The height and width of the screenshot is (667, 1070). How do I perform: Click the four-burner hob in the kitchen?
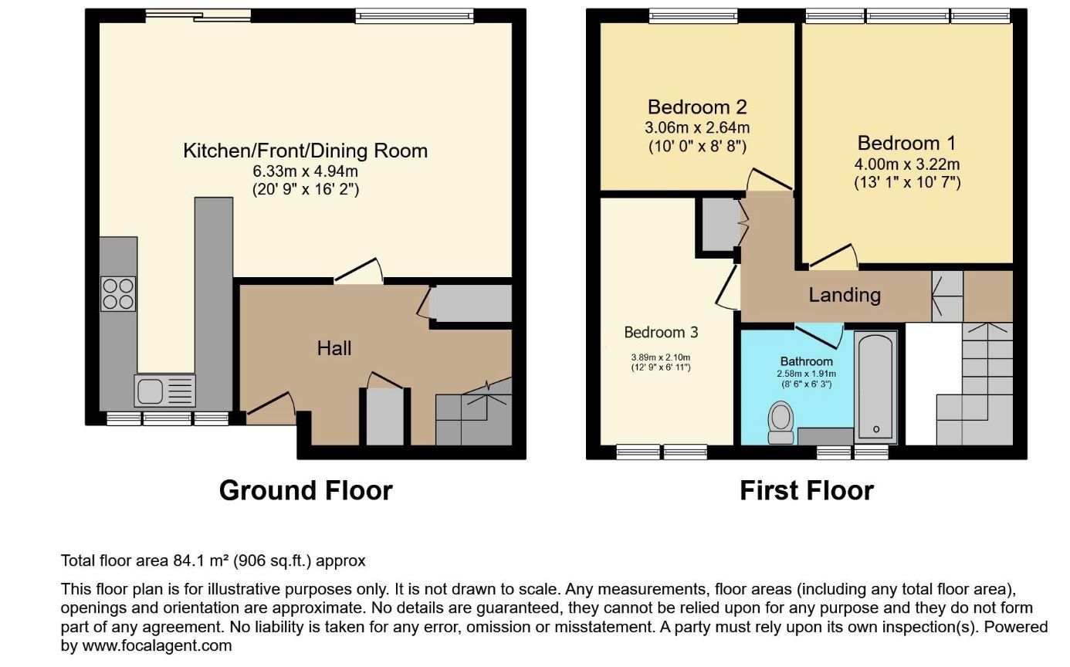118,294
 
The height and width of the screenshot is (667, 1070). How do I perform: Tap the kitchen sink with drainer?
164,391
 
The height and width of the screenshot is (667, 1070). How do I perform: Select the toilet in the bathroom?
781,423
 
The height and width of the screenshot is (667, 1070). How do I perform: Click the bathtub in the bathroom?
875,388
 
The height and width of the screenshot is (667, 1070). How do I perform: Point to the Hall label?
334,348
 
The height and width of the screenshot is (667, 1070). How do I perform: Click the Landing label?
845,295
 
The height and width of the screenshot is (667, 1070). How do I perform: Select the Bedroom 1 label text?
906,144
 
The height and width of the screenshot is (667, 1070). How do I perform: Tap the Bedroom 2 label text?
697,107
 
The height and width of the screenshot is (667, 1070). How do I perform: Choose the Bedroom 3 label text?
661,332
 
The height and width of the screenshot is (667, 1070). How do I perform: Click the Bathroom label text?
806,362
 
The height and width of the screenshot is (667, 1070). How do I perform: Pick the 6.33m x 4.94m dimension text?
305,171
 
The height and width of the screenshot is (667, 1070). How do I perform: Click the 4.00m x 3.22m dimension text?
906,164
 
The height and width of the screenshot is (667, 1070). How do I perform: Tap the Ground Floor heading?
306,491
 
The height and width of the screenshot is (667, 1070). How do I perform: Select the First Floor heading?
807,491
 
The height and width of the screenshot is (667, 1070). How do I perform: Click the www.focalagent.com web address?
157,646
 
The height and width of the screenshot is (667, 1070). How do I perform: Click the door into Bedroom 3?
728,286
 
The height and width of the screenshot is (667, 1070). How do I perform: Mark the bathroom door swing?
819,336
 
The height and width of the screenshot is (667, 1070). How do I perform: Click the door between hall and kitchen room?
359,272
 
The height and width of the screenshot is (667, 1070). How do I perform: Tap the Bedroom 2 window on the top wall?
693,16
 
